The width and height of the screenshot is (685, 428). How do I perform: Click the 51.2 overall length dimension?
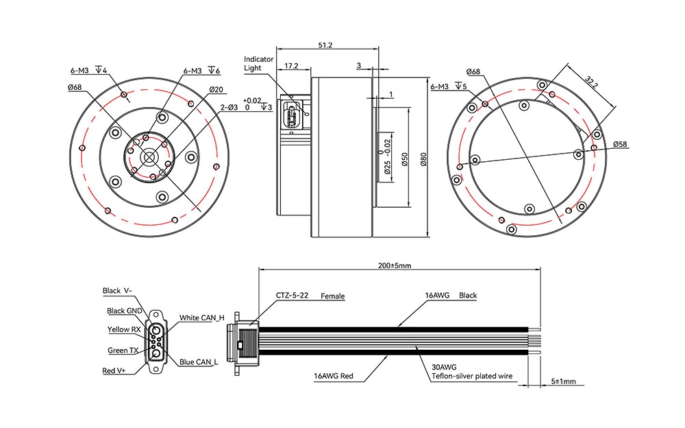(325, 45)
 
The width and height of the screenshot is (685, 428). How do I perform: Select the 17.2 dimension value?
(290, 66)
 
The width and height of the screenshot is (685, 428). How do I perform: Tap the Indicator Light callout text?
(259, 64)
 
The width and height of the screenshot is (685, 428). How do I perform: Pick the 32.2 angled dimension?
(591, 80)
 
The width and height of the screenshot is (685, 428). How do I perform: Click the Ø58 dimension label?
(621, 144)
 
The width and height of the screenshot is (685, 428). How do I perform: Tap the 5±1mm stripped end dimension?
(564, 381)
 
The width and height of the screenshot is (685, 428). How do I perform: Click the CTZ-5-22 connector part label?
(292, 296)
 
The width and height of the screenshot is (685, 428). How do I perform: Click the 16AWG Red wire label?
(334, 377)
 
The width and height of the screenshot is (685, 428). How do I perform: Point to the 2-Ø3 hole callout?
(228, 107)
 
